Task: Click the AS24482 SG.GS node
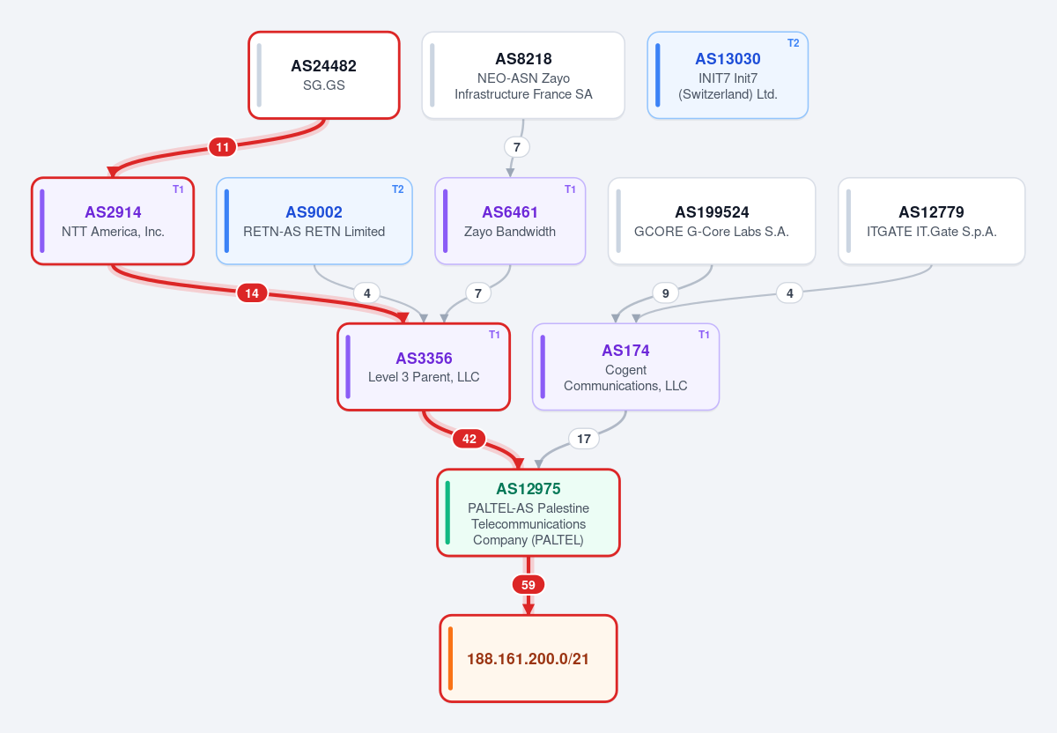pyautogui.click(x=324, y=76)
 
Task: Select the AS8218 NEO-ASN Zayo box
pyautogui.click(x=523, y=76)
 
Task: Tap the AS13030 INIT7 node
pyautogui.click(x=728, y=76)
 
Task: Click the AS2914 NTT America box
pyautogui.click(x=113, y=221)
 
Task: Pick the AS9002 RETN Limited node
pyautogui.click(x=314, y=221)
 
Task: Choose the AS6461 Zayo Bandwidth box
pyautogui.click(x=510, y=221)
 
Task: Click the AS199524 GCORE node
pyautogui.click(x=712, y=221)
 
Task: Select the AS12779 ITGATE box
pyautogui.click(x=932, y=221)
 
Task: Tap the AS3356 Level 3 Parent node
pyautogui.click(x=424, y=366)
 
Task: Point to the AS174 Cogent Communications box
pyautogui.click(x=625, y=366)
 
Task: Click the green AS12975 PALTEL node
pyautogui.click(x=528, y=513)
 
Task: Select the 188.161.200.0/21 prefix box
pyautogui.click(x=528, y=658)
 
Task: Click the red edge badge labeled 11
pyautogui.click(x=222, y=147)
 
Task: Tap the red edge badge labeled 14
pyautogui.click(x=252, y=293)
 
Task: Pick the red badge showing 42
pyautogui.click(x=469, y=439)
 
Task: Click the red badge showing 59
pyautogui.click(x=528, y=585)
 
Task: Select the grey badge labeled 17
pyautogui.click(x=584, y=439)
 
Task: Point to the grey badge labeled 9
pyautogui.click(x=665, y=293)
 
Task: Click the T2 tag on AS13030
pyautogui.click(x=794, y=43)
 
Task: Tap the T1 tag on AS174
pyautogui.click(x=704, y=335)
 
